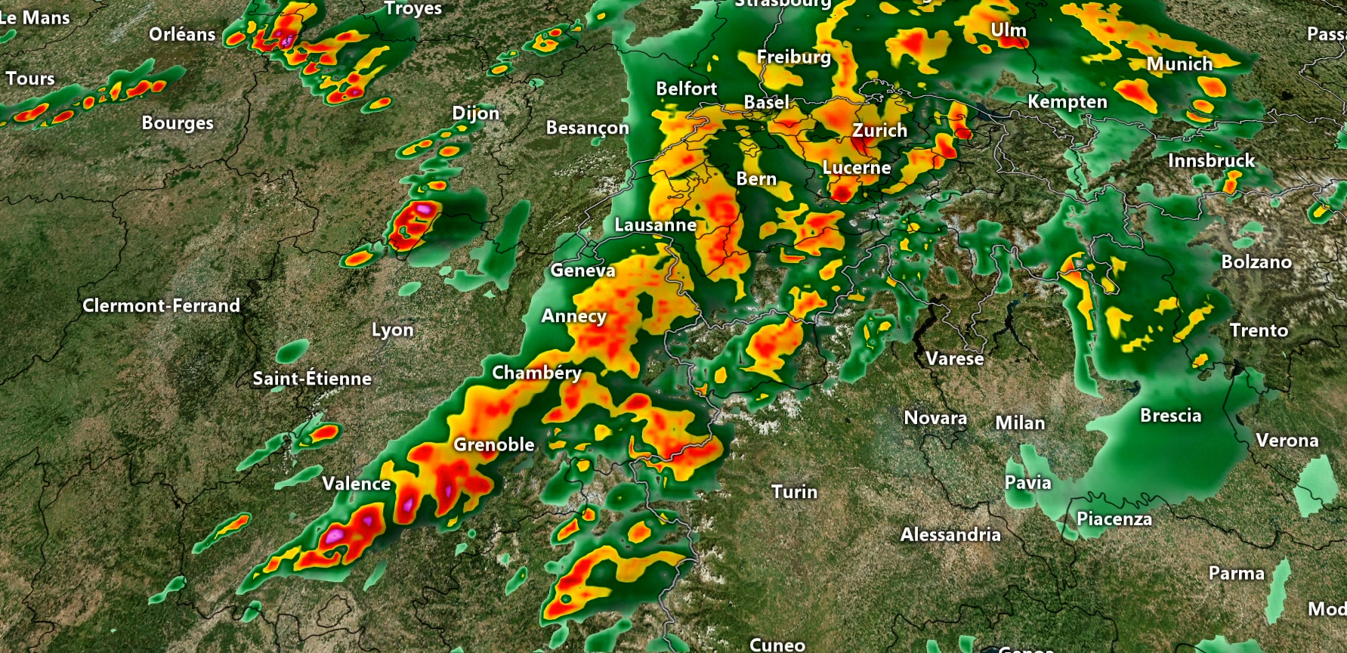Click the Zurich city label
[879, 131]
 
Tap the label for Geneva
[582, 271]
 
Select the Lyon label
[392, 330]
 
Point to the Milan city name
[1020, 423]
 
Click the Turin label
[794, 492]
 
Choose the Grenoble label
[493, 445]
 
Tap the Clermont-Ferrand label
[161, 306]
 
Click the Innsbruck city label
[1211, 161]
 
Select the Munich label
[1179, 64]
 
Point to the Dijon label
[475, 113]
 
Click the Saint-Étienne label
[312, 379]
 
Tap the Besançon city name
[587, 128]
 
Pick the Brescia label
[1170, 416]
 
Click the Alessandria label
[950, 535]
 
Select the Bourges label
[178, 123]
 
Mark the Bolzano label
[1256, 262]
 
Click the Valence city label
[356, 484]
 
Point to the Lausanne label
[655, 225]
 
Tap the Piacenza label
[1114, 519]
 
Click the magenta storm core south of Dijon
[424, 208]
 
